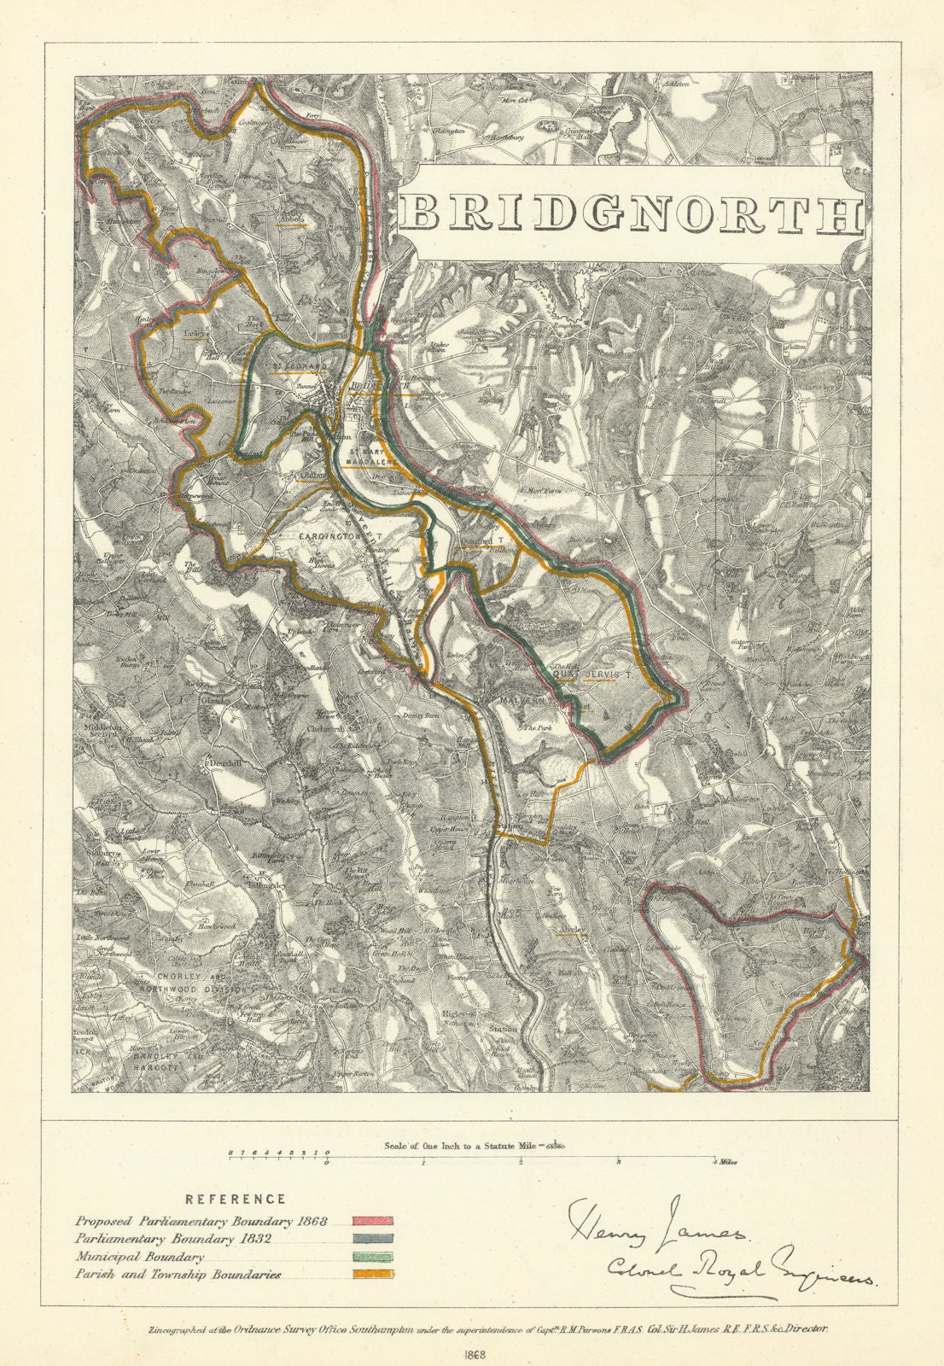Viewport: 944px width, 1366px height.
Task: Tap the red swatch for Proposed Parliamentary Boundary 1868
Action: [372, 1222]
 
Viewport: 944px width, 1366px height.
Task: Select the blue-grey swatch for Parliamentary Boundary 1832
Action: [372, 1239]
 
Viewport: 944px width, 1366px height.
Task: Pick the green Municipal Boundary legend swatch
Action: [372, 1257]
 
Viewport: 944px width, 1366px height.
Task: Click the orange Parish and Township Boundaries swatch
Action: [372, 1275]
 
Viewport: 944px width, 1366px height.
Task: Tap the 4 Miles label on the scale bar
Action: [725, 1162]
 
